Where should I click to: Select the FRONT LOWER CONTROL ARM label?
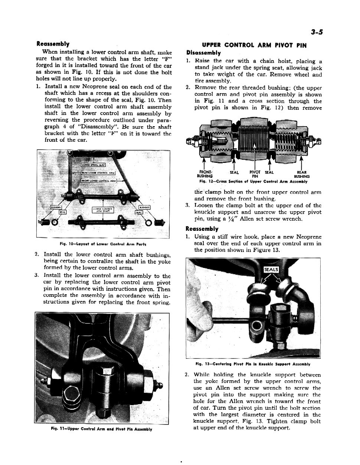click(x=99, y=180)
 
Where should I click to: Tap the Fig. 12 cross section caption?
click(x=253, y=182)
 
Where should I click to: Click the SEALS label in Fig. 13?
click(x=271, y=269)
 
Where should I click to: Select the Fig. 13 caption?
click(x=253, y=364)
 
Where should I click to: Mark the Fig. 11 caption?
click(x=101, y=429)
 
